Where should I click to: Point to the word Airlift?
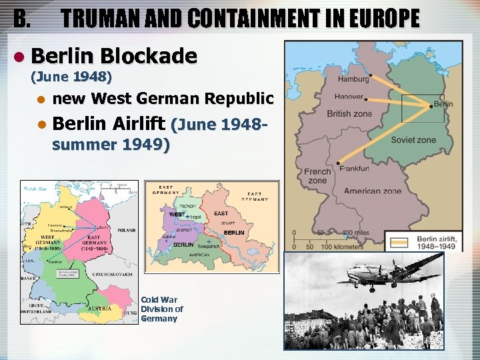(x=141, y=123)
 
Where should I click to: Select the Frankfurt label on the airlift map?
(x=355, y=169)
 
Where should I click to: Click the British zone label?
(x=349, y=114)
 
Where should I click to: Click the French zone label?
(x=317, y=176)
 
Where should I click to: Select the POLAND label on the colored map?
(x=126, y=229)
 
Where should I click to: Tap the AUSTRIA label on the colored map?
(x=99, y=309)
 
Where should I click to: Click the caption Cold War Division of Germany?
(x=162, y=309)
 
